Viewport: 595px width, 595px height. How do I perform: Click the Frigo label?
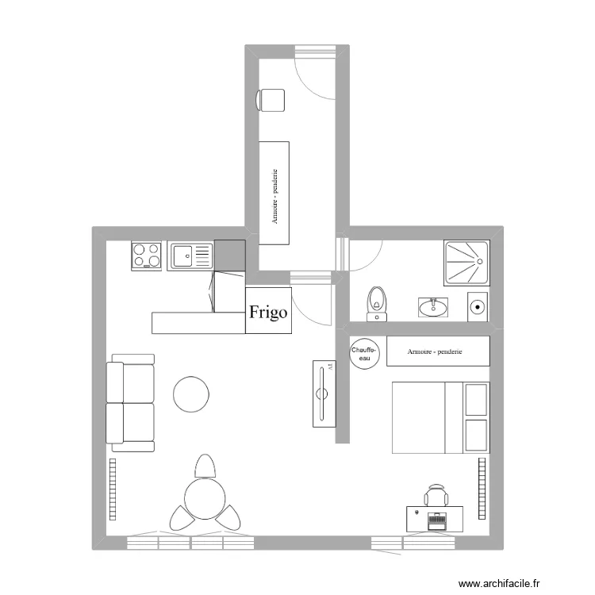click(268, 312)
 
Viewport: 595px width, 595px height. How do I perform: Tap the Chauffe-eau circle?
click(365, 352)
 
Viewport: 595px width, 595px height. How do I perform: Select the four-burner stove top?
click(148, 255)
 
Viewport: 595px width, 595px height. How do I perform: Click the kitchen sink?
click(190, 255)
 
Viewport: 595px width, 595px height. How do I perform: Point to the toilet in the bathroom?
click(378, 302)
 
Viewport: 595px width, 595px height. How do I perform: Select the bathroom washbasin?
click(432, 307)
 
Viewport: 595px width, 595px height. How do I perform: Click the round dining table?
click(205, 497)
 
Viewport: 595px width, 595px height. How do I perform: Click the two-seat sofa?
click(131, 403)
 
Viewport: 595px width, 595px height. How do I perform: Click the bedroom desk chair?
click(436, 495)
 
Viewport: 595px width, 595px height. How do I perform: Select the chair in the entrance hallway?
click(271, 100)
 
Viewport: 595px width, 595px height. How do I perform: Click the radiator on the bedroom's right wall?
click(482, 488)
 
